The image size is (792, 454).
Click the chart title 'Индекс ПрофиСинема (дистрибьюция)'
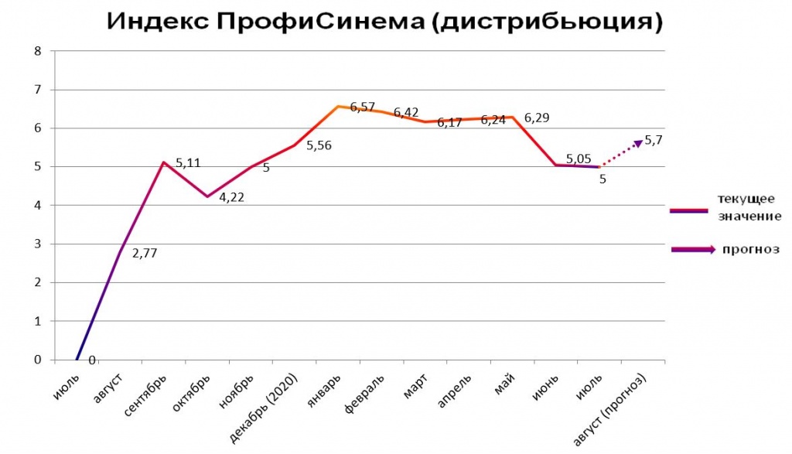384,21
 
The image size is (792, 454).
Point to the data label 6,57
363,107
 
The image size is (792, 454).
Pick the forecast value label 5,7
654,140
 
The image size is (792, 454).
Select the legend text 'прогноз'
750,249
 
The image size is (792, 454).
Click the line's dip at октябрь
207,196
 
